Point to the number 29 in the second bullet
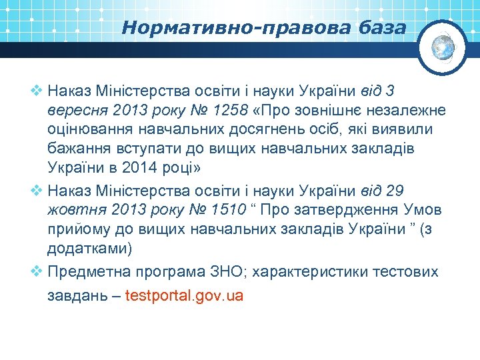pos(395,191)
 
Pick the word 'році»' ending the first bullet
pos(182,167)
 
